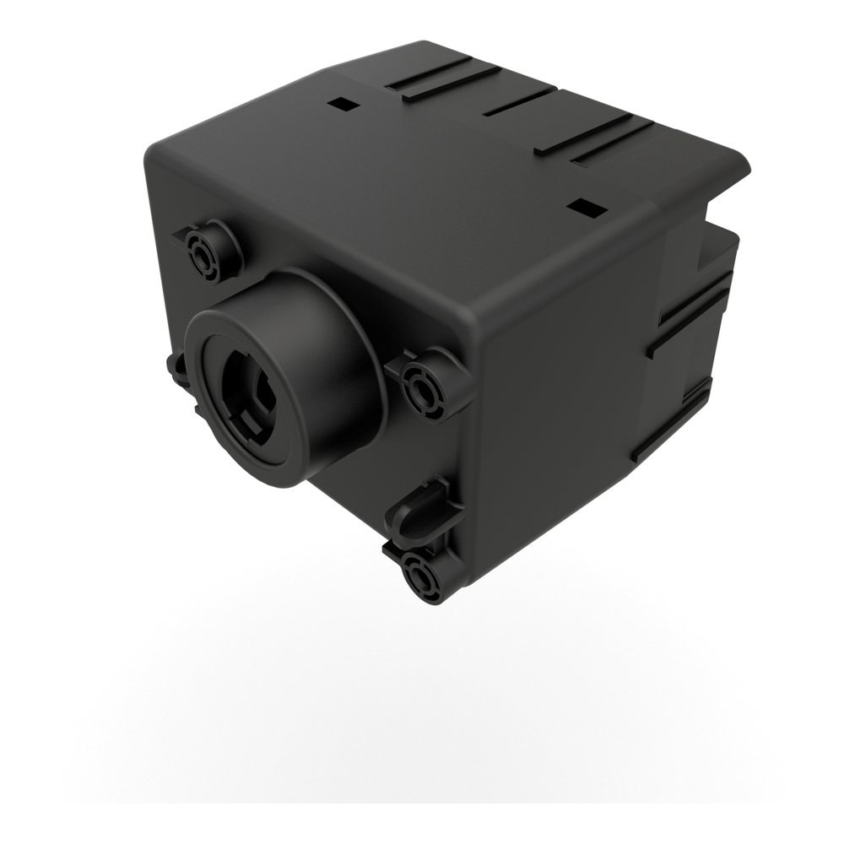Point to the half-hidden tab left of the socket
pyautogui.click(x=180, y=369)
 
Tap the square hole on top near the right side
pyautogui.click(x=581, y=205)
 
